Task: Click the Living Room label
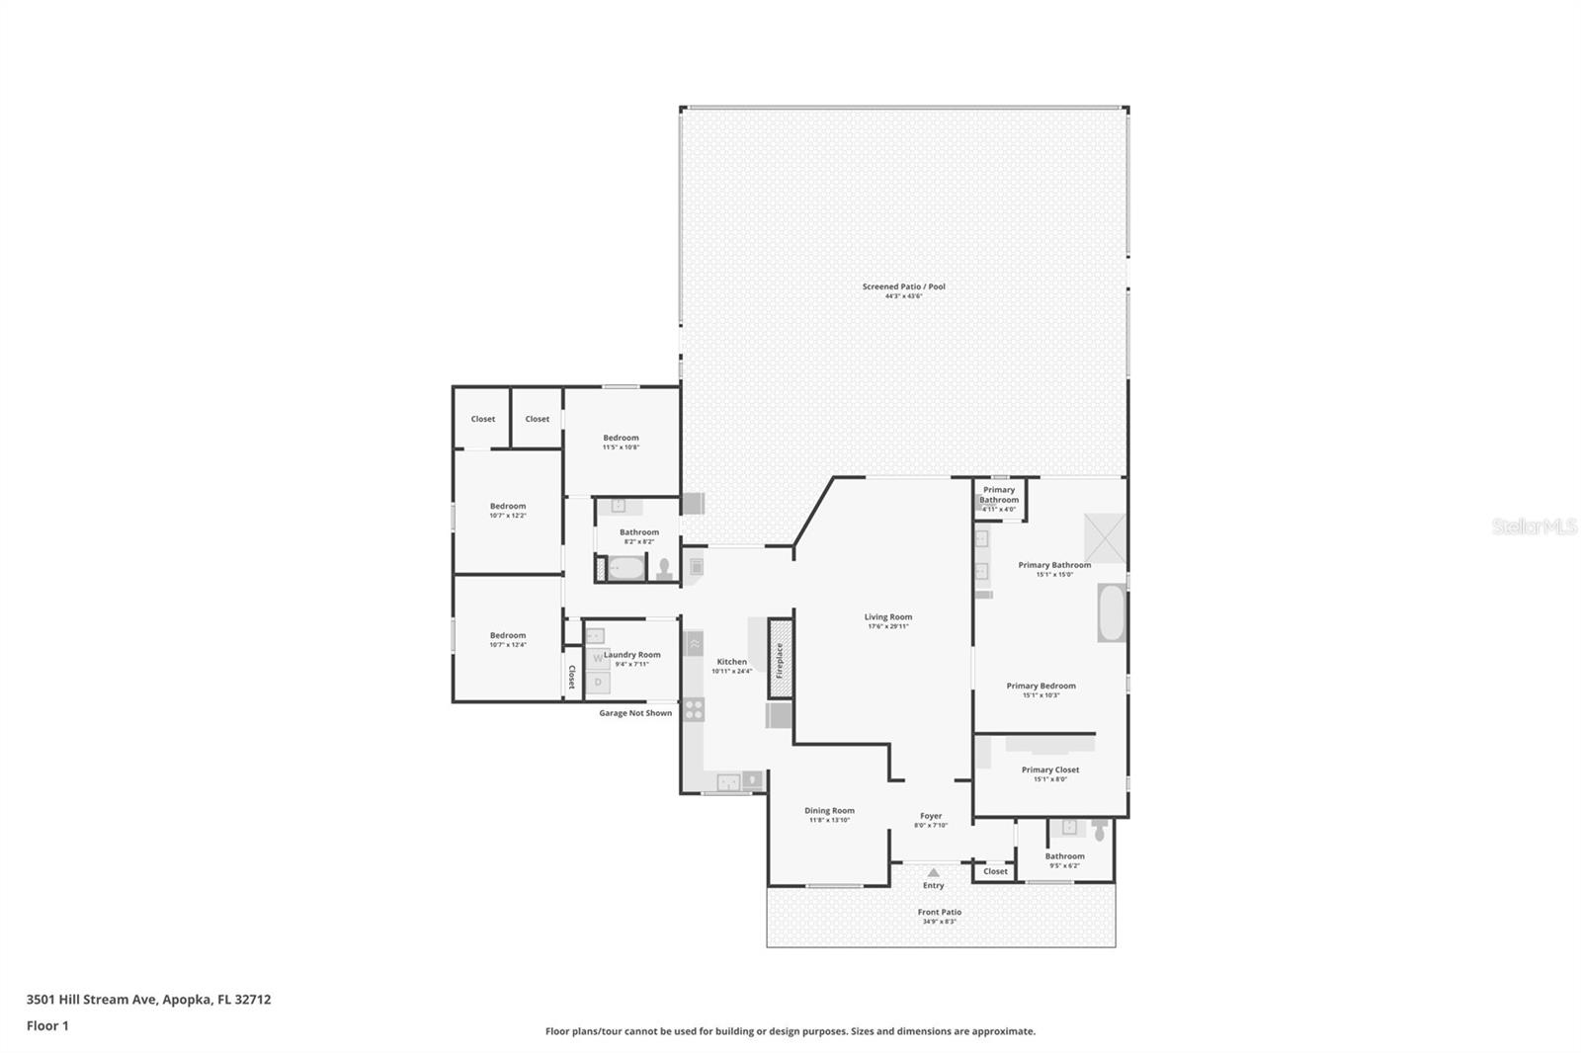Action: (x=887, y=617)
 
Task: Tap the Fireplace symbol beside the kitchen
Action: (x=780, y=660)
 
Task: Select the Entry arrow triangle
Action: (x=934, y=872)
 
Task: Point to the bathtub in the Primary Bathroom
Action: (x=1111, y=613)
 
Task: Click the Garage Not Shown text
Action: (x=635, y=713)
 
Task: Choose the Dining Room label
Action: (x=829, y=811)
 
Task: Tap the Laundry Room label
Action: (x=632, y=655)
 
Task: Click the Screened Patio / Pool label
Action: (x=903, y=287)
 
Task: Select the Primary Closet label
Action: (x=1050, y=769)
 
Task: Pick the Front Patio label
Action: (x=939, y=913)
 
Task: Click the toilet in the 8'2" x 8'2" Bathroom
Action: (x=665, y=569)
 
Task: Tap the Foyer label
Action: (x=931, y=816)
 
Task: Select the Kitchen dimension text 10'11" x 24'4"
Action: (x=731, y=672)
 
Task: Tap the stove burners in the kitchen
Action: (x=694, y=708)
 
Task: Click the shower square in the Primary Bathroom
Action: (x=1105, y=538)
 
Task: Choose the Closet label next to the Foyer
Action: (x=995, y=871)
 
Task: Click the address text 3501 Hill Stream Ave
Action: (x=148, y=1000)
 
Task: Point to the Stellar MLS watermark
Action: (x=1534, y=526)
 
